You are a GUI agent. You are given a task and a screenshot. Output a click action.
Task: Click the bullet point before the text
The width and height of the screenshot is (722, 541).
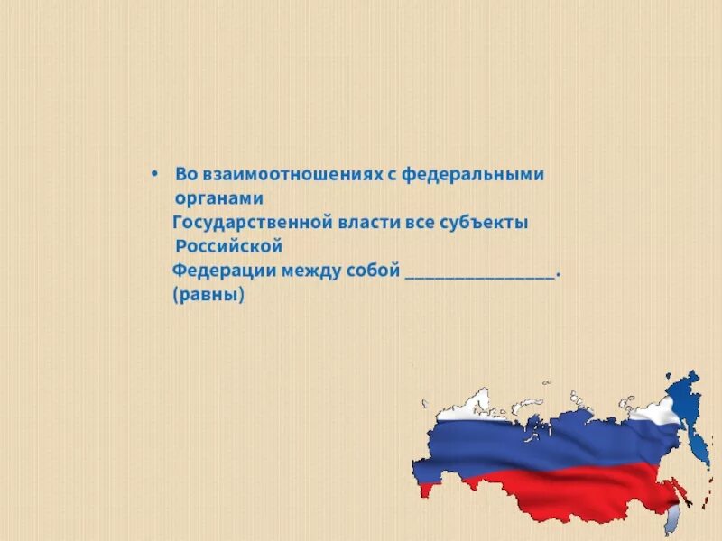point(154,172)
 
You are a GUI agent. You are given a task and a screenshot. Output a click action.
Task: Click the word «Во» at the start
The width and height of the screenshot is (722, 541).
point(185,173)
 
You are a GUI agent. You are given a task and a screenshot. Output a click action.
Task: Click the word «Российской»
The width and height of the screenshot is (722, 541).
point(229,246)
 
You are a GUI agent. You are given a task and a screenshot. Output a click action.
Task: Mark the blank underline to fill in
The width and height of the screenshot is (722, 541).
point(481,276)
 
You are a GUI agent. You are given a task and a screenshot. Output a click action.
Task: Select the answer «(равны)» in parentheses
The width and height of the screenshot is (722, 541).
point(208,295)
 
